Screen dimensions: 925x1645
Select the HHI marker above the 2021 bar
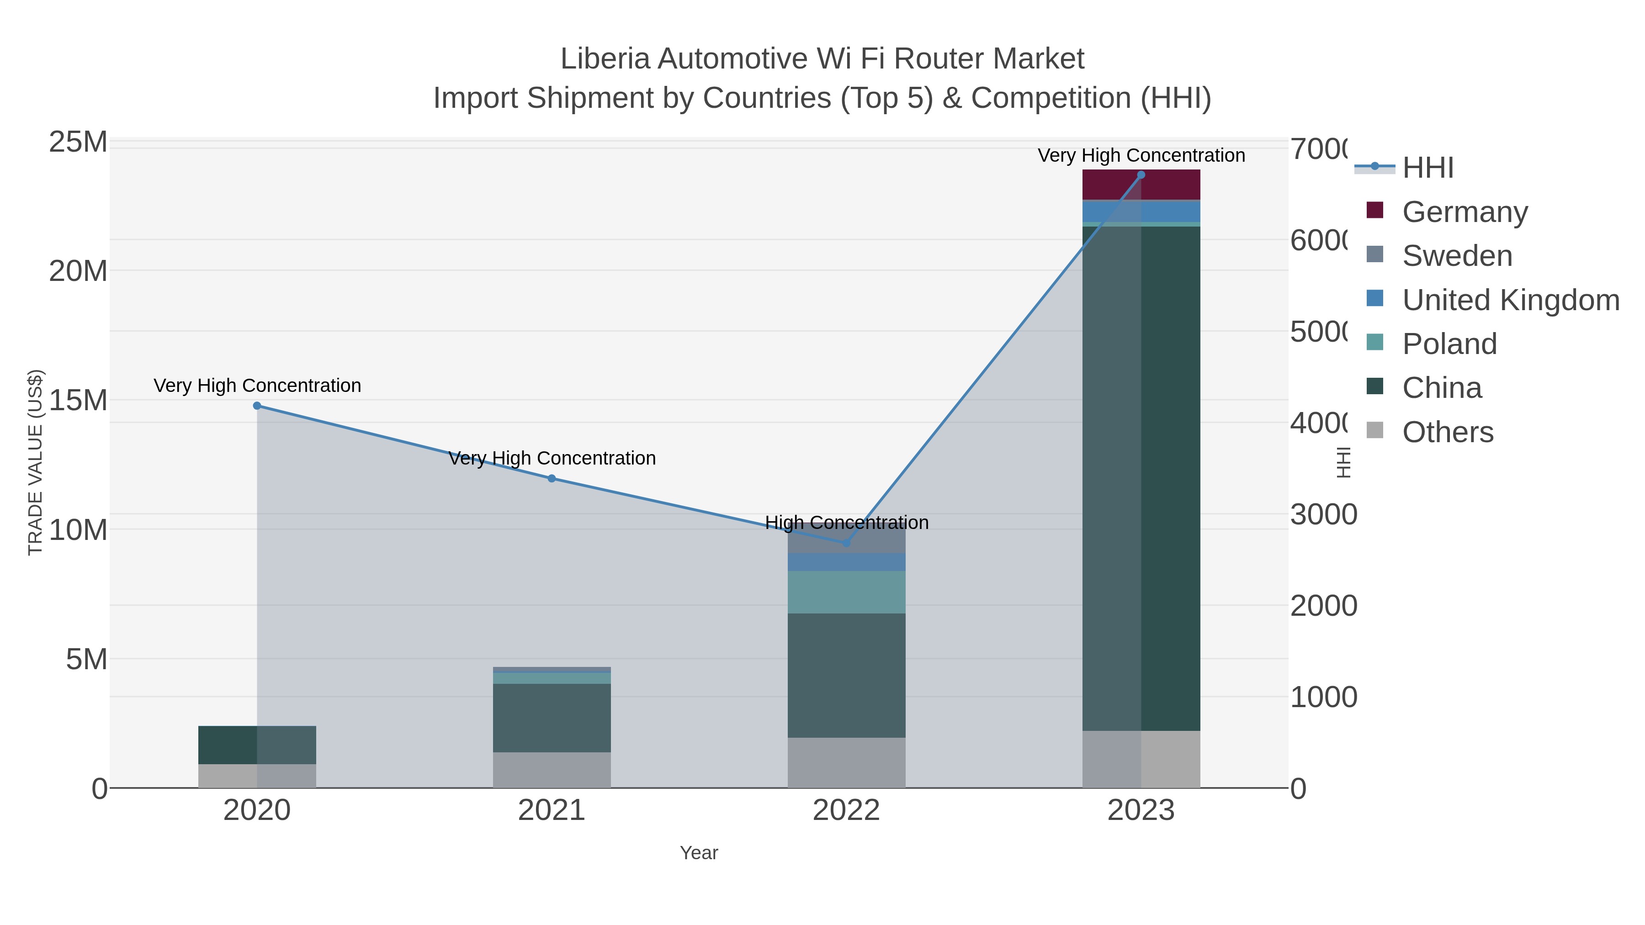552,479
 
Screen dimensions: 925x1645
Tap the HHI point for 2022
846,543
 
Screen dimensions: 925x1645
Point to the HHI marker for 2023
1141,175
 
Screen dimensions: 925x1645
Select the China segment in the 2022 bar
846,676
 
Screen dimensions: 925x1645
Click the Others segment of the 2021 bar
552,770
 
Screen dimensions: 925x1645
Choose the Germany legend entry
1465,212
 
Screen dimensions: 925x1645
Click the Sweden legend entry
1457,256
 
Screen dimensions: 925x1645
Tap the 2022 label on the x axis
846,811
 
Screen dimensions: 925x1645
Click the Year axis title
699,853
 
